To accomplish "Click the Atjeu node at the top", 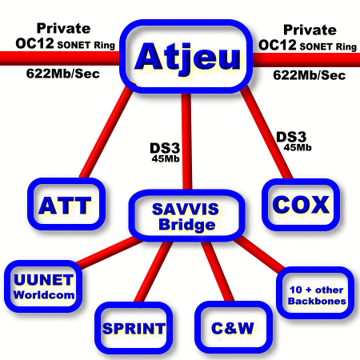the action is pos(186,57).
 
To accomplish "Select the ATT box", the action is pos(66,204).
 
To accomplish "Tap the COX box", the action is pos(301,205).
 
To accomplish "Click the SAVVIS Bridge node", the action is pos(186,216).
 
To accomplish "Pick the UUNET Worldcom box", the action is pos(43,286).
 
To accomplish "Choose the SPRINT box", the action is pos(134,328).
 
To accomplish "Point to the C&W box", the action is pos(234,327).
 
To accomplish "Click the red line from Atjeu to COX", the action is pos(266,132).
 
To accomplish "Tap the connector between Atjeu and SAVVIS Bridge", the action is pos(186,142).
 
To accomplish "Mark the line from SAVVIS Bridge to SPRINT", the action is pos(153,271).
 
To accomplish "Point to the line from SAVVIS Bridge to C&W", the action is pos(218,271).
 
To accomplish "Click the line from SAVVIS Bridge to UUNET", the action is pos(110,252).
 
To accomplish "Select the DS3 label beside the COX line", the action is pos(291,138).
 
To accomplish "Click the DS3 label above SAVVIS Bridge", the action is pos(165,148).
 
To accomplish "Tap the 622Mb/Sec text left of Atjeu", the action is pos(63,74).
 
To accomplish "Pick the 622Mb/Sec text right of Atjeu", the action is pos(310,75).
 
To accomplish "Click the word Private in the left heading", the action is pos(63,28).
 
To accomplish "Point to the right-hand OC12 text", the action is pos(278,45).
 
